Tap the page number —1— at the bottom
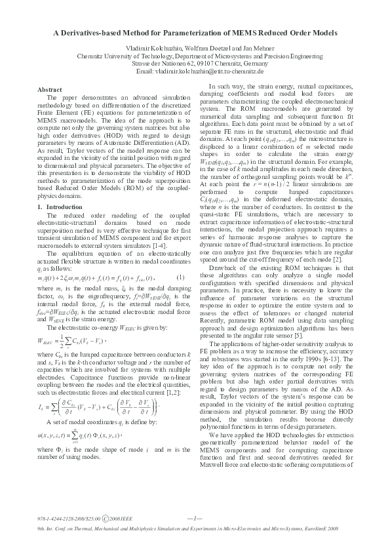pos(195,500)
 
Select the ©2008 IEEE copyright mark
pos(121,500)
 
